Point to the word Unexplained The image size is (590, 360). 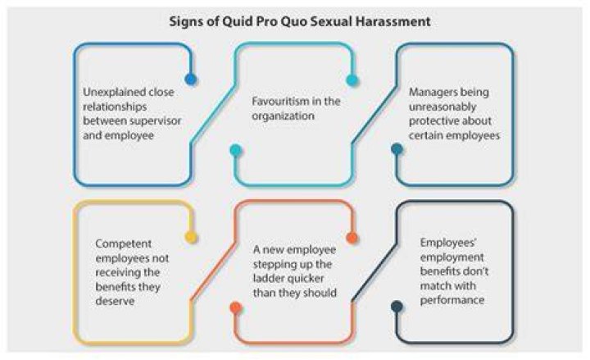[114, 93]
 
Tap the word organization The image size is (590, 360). [283, 116]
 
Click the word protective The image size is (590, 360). [433, 121]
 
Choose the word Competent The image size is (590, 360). [124, 244]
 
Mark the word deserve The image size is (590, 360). [115, 301]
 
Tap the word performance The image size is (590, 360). [452, 300]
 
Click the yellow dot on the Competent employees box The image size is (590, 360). [191, 237]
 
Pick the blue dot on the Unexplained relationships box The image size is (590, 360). [191, 79]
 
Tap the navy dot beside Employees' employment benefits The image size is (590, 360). [397, 307]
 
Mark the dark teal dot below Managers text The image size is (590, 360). [397, 149]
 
